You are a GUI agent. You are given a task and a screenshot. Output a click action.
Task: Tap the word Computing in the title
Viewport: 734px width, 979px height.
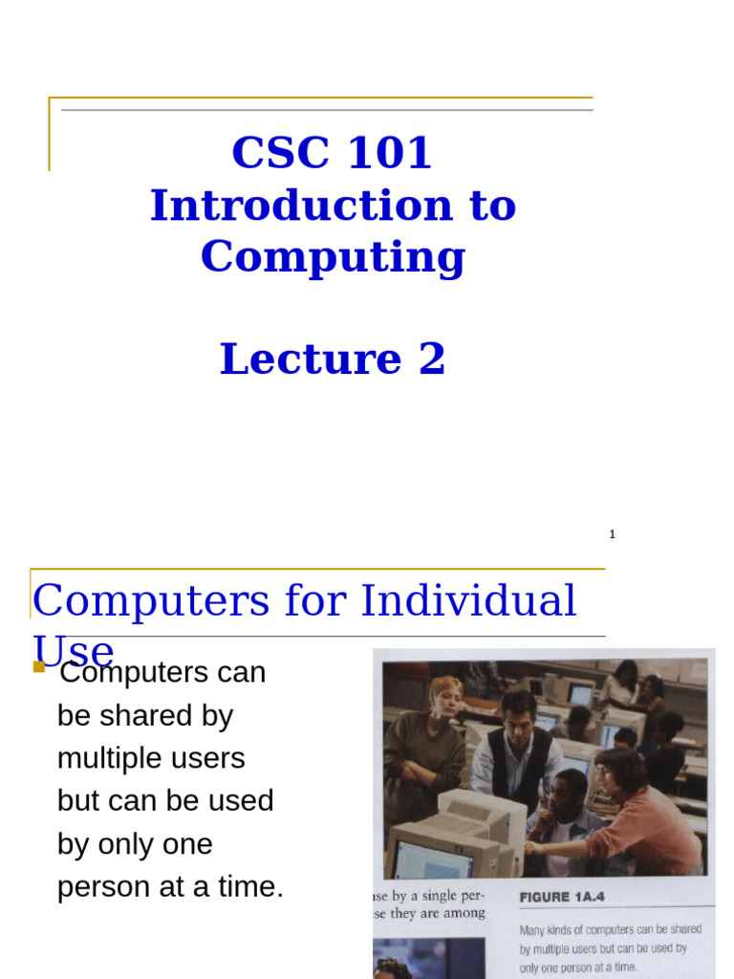[333, 256]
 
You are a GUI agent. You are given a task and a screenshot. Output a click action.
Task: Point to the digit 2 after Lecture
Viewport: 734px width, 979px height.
[431, 359]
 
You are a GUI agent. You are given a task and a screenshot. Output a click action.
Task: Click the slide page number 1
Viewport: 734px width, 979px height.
[612, 534]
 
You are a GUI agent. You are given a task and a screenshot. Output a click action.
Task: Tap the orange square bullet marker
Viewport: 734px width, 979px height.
[39, 666]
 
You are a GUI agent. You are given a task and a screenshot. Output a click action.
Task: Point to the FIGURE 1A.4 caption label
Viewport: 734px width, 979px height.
[561, 897]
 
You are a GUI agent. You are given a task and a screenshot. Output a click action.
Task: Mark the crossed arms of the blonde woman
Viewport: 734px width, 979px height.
[421, 770]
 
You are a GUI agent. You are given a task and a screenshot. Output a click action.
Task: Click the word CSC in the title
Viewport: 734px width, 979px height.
[271, 153]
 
